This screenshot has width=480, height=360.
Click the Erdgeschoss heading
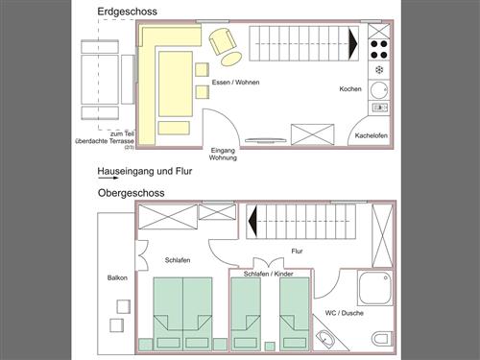click(127, 12)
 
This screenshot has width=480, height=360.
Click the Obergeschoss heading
click(132, 193)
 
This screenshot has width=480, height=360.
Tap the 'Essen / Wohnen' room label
click(235, 83)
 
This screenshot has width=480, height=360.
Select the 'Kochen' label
click(350, 89)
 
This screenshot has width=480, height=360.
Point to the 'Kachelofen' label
click(372, 135)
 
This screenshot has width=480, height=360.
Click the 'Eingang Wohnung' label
click(223, 154)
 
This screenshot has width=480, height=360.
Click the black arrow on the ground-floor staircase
click(353, 44)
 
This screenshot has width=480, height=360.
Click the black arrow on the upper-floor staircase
click(252, 222)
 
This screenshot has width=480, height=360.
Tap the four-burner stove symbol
click(379, 50)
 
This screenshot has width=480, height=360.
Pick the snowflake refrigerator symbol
click(379, 70)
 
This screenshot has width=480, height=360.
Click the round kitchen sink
click(379, 90)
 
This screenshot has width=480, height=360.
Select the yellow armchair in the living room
click(223, 40)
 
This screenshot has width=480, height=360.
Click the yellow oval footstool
click(231, 59)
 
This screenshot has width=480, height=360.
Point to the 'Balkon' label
click(117, 277)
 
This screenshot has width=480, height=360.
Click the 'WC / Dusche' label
click(345, 313)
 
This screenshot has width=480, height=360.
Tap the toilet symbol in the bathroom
click(382, 339)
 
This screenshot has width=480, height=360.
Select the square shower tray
click(375, 289)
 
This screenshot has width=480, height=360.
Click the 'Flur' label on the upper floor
click(297, 252)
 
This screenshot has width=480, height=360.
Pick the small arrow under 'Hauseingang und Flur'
click(108, 178)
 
